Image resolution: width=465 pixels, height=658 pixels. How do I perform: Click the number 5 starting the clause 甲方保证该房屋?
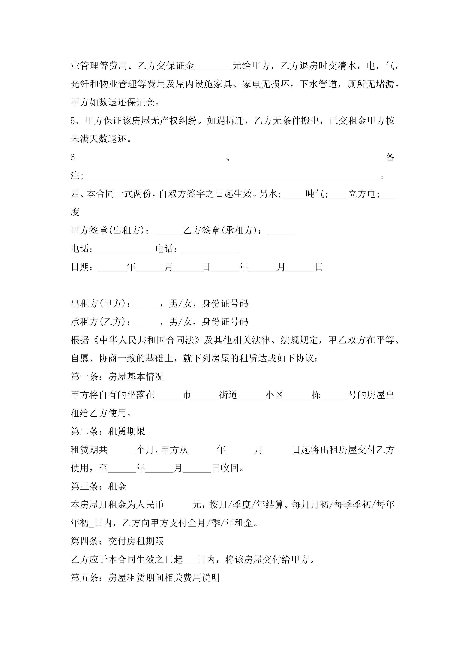(73, 121)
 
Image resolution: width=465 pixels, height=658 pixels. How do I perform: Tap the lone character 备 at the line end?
(390, 157)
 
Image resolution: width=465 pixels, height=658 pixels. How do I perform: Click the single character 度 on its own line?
(75, 212)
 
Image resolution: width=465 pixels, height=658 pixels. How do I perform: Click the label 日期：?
(82, 267)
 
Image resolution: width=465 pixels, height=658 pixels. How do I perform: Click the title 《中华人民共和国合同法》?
(146, 340)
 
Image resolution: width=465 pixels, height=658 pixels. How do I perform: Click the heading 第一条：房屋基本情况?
(117, 377)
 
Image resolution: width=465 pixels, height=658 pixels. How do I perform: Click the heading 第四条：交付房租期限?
(117, 541)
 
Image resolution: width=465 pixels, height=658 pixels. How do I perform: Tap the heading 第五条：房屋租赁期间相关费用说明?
(145, 578)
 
